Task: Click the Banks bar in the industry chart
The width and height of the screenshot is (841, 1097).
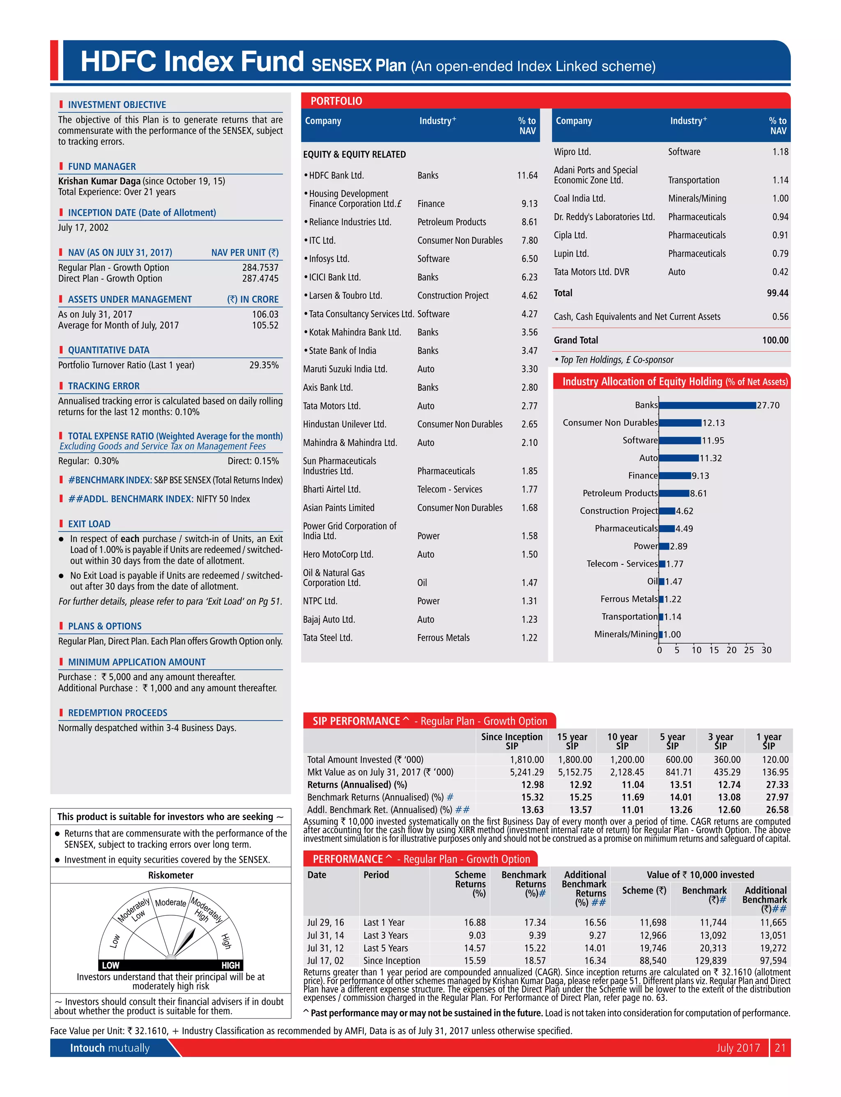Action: pyautogui.click(x=707, y=405)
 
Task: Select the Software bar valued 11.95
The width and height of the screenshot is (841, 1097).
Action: pyautogui.click(x=679, y=440)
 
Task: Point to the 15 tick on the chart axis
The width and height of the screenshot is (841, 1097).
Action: pyautogui.click(x=714, y=650)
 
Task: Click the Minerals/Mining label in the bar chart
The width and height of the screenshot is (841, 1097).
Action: pyautogui.click(x=626, y=634)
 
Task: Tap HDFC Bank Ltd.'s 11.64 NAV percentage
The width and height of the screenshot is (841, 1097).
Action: pyautogui.click(x=527, y=176)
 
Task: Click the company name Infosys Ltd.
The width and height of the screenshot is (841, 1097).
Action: pyautogui.click(x=329, y=259)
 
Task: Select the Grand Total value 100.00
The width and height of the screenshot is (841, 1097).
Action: pyautogui.click(x=775, y=340)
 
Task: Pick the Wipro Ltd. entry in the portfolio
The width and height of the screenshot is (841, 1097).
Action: pyautogui.click(x=572, y=152)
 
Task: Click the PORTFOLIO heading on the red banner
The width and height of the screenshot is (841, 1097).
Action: pyautogui.click(x=336, y=101)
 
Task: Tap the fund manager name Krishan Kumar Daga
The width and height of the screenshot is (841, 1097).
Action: pyautogui.click(x=99, y=181)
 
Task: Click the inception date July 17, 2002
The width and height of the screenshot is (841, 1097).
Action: pyautogui.click(x=83, y=227)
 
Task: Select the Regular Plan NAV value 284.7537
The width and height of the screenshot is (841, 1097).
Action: pyautogui.click(x=260, y=268)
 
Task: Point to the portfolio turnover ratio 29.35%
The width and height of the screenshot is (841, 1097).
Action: pyautogui.click(x=264, y=365)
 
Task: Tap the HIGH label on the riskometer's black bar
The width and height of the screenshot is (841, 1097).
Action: pyautogui.click(x=230, y=965)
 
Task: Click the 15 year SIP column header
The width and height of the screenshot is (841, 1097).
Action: pyautogui.click(x=572, y=741)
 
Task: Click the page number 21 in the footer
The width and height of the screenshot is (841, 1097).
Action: pyautogui.click(x=779, y=1048)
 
